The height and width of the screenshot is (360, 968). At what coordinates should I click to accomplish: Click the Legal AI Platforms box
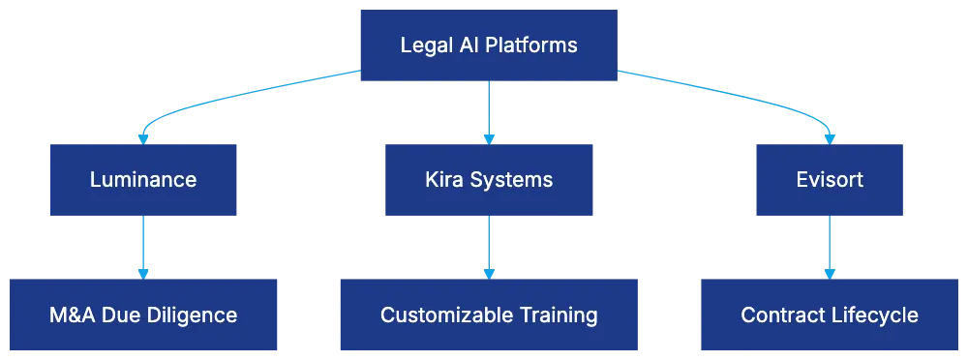(488, 45)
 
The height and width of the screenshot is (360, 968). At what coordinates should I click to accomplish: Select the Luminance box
(143, 179)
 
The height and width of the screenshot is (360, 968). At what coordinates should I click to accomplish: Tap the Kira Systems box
(488, 179)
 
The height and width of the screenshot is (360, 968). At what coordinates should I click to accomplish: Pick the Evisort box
(829, 179)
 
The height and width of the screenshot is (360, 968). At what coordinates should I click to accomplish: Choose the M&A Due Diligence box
(143, 315)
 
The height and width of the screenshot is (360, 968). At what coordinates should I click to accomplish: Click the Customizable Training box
(488, 315)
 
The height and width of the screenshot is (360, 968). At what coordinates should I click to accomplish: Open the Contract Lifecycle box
(829, 315)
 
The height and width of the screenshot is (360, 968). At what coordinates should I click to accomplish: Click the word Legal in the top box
(422, 45)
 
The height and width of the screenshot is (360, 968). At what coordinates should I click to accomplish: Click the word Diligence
(197, 315)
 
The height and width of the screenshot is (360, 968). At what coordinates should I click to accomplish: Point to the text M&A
(72, 315)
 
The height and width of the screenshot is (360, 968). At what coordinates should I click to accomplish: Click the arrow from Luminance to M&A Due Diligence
(143, 247)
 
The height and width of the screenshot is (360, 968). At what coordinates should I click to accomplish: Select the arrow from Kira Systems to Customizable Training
(489, 247)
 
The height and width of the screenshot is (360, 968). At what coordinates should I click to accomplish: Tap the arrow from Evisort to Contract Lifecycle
(829, 247)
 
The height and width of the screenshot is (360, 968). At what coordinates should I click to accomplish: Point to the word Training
(556, 315)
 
